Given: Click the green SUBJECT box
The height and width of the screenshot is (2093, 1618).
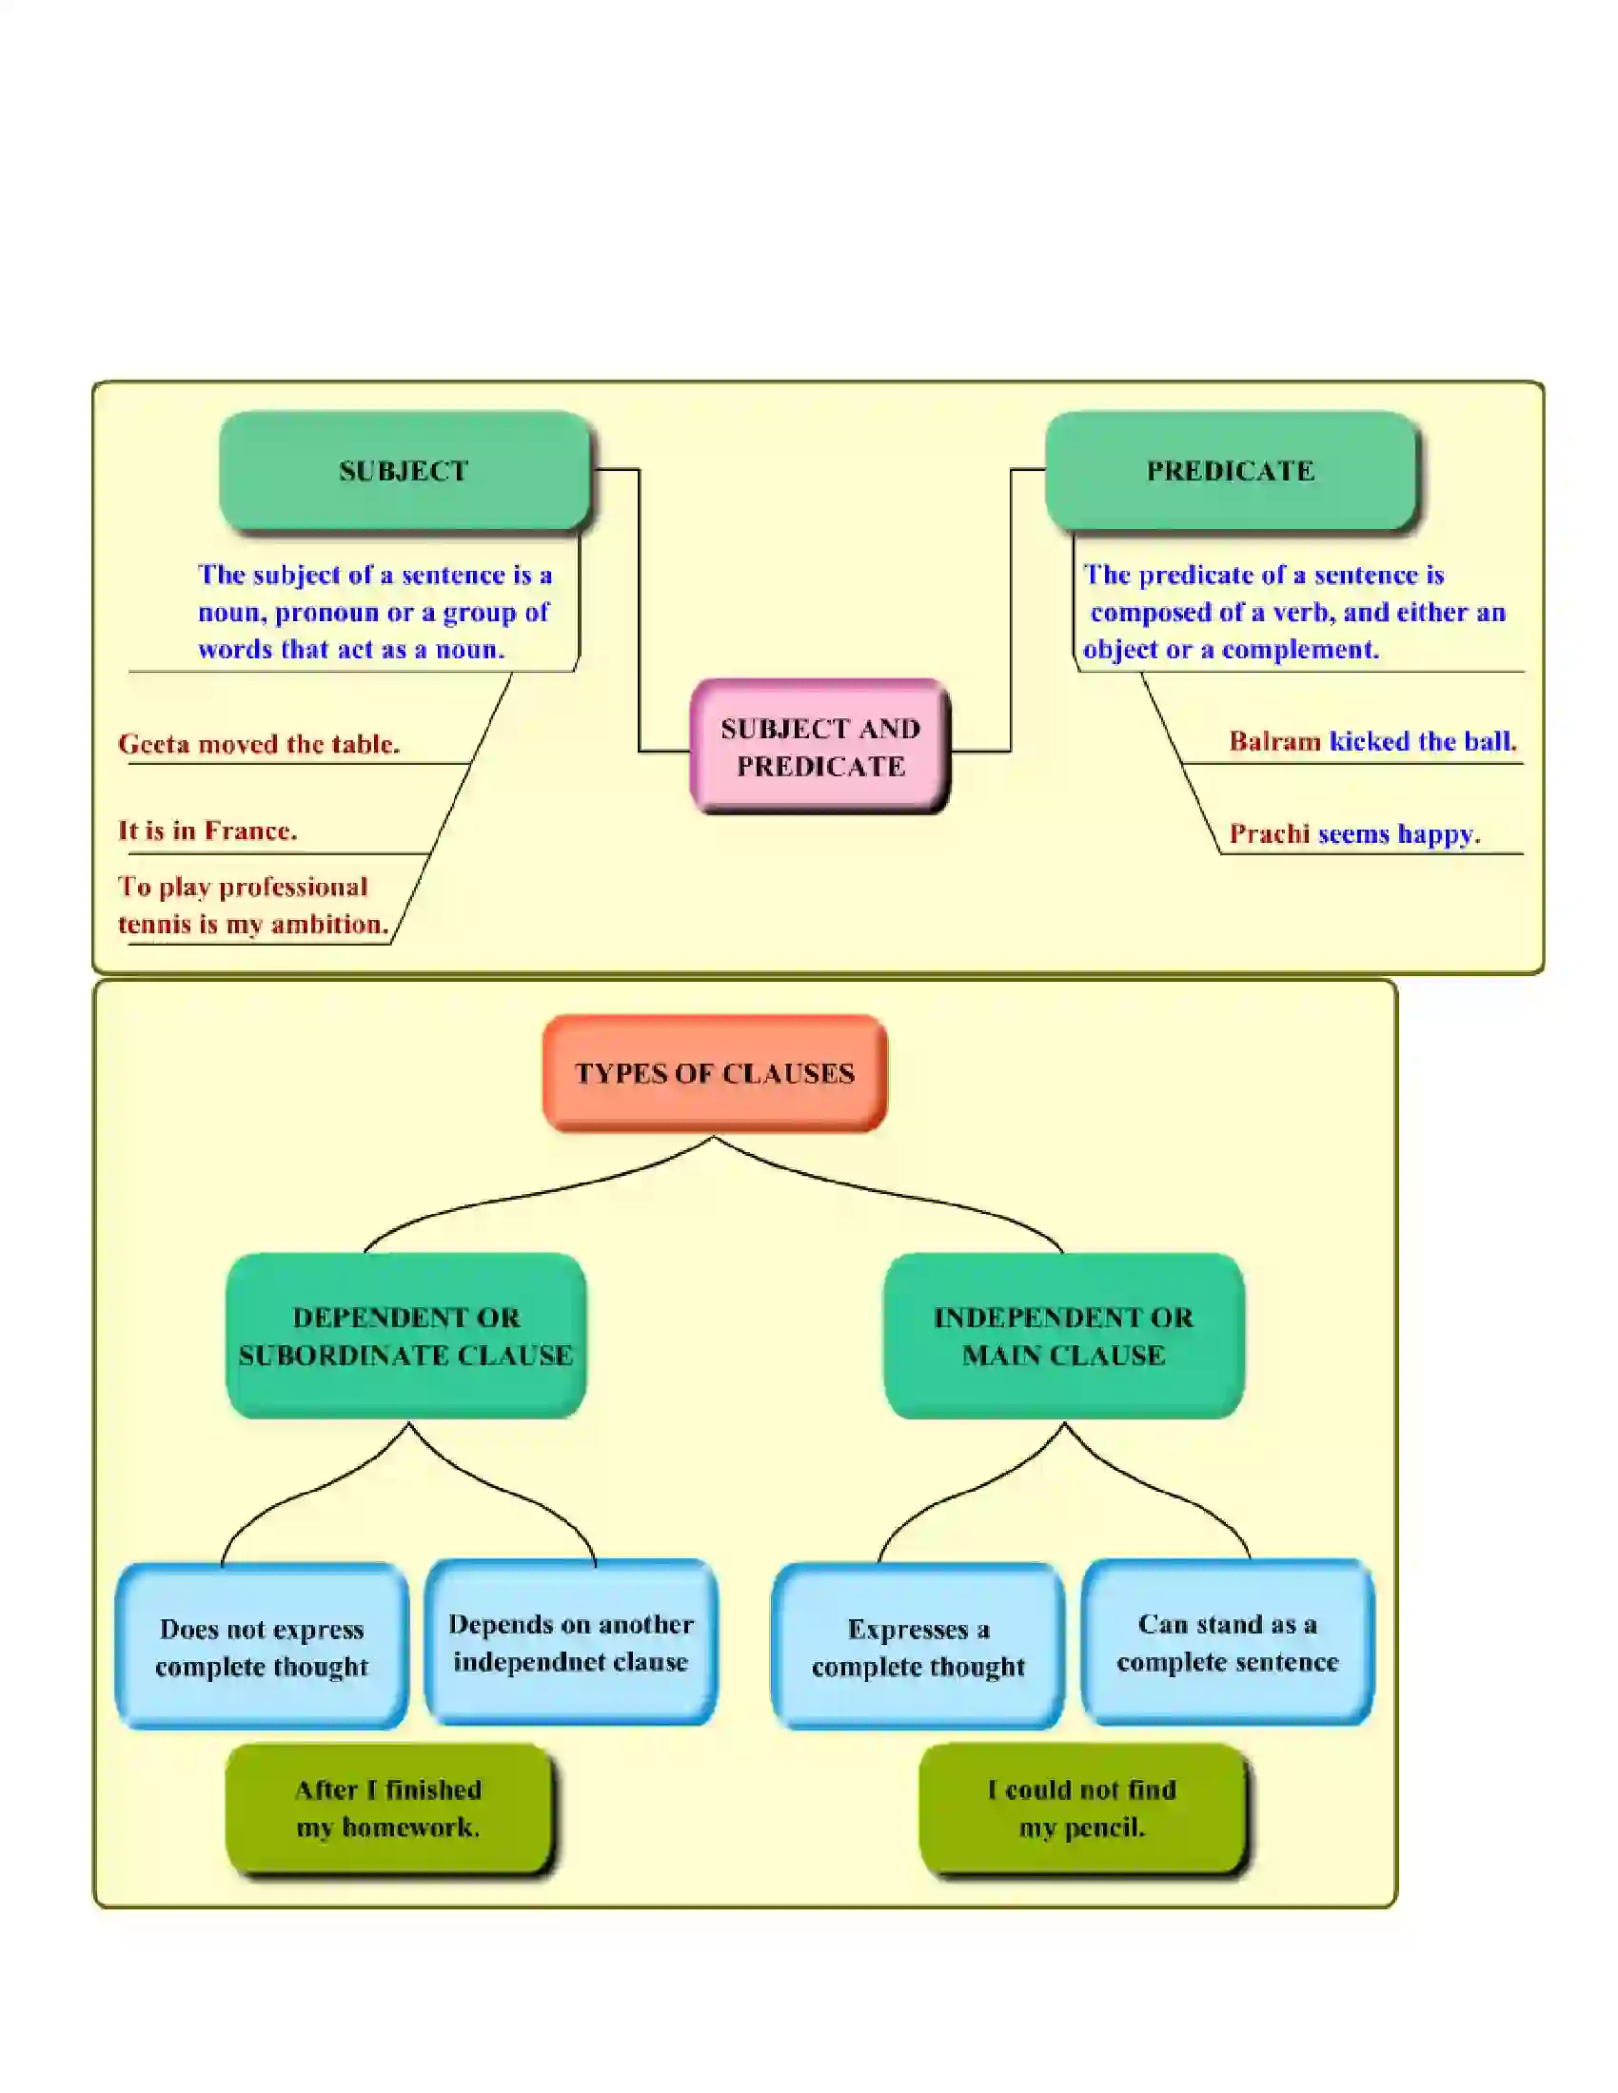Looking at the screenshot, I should [404, 471].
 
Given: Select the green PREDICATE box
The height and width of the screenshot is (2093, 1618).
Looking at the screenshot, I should [1230, 471].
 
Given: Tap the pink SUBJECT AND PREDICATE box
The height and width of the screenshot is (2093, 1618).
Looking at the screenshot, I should [820, 747].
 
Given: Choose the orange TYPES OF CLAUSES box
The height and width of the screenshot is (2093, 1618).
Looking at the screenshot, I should [714, 1072].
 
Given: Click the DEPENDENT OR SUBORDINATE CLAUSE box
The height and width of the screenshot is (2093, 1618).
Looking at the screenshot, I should [405, 1336].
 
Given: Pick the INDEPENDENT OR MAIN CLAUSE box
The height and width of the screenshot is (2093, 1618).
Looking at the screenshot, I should [1063, 1336].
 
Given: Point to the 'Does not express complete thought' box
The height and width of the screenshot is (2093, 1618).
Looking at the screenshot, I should [261, 1648].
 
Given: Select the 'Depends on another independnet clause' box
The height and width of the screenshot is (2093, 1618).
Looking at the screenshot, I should [570, 1643].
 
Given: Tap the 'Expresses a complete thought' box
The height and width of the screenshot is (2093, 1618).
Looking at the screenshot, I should [918, 1648].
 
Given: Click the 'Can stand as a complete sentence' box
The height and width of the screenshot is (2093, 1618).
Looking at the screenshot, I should [1227, 1643].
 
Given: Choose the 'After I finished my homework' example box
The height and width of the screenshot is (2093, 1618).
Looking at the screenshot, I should [388, 1809].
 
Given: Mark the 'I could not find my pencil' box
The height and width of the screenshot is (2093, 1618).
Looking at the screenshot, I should [1082, 1809].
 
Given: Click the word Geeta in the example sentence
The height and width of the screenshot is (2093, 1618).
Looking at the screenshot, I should [153, 745].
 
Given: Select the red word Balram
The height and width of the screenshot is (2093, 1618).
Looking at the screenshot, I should [1273, 742].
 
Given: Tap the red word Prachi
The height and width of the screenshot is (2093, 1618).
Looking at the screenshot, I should [1269, 833].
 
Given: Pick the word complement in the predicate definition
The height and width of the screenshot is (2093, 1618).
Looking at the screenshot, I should [1300, 650].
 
